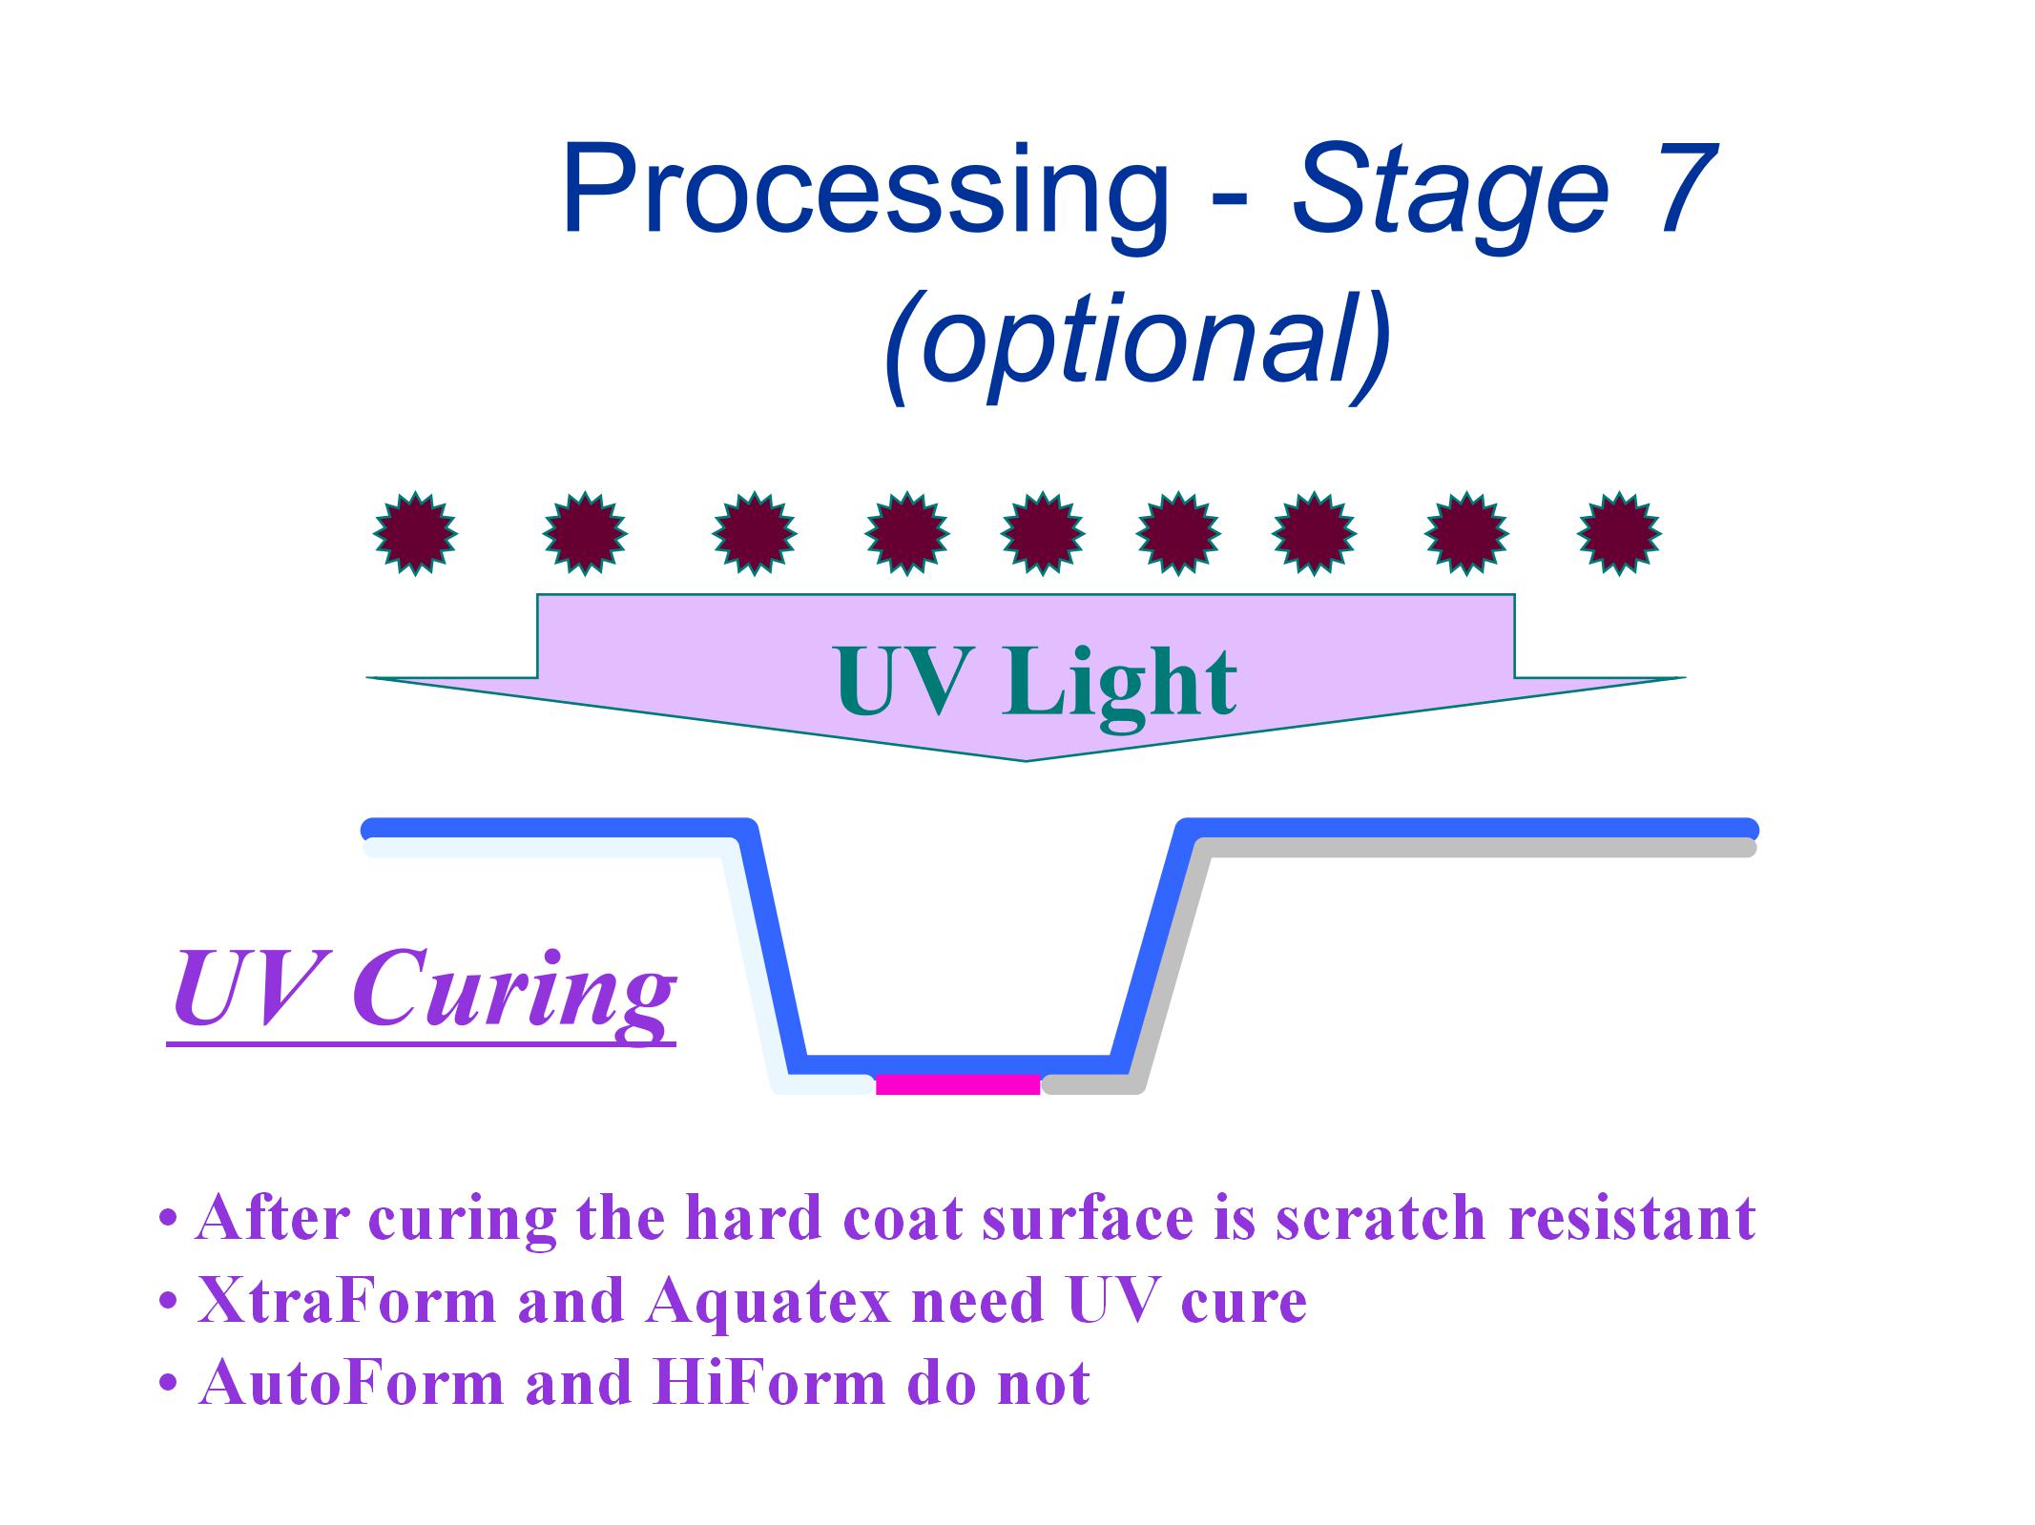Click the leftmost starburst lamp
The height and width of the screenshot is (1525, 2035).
pyautogui.click(x=415, y=533)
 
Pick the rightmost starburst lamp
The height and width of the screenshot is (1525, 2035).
pyautogui.click(x=1619, y=533)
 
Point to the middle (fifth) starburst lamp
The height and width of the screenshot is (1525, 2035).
pyautogui.click(x=1043, y=533)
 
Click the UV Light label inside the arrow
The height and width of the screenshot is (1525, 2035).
pyautogui.click(x=1035, y=682)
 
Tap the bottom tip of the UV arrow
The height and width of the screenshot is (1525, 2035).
pyautogui.click(x=1026, y=761)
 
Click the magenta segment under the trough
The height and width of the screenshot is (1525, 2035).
pyautogui.click(x=958, y=1084)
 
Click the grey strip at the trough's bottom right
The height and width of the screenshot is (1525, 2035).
pyautogui.click(x=1093, y=1084)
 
